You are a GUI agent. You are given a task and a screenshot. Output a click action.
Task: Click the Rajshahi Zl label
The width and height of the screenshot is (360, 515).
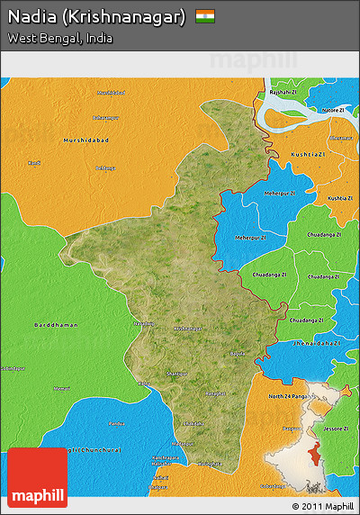click(x=283, y=92)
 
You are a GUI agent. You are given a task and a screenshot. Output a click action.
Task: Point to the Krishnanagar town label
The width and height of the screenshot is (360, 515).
click(x=187, y=329)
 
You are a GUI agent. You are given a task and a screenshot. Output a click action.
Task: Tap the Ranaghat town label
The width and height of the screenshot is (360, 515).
click(x=214, y=393)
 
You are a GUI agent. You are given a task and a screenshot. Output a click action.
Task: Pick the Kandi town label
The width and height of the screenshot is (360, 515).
click(x=34, y=163)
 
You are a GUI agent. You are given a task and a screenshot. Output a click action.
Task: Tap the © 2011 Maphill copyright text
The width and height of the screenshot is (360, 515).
click(x=322, y=506)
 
